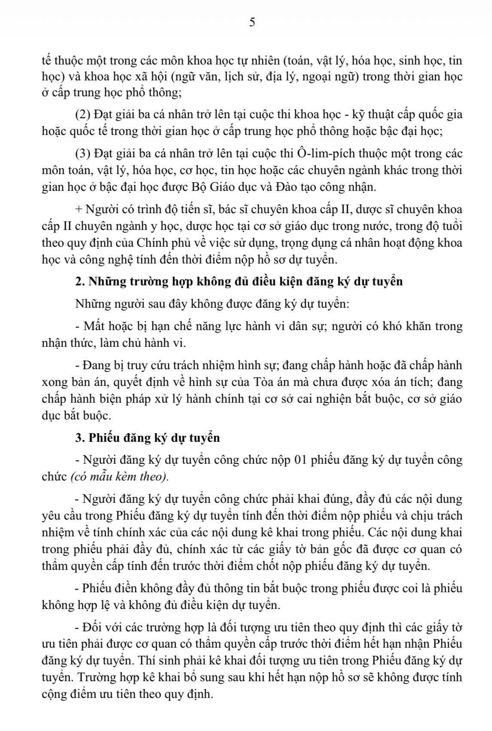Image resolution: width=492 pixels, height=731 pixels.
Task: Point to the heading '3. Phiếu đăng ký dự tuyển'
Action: (147, 438)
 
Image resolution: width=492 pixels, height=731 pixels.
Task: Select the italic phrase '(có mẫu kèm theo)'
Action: (119, 477)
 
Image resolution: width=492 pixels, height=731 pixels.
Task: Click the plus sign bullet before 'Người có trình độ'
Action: (79, 210)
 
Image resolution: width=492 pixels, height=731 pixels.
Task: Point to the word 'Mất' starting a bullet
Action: (93, 326)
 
